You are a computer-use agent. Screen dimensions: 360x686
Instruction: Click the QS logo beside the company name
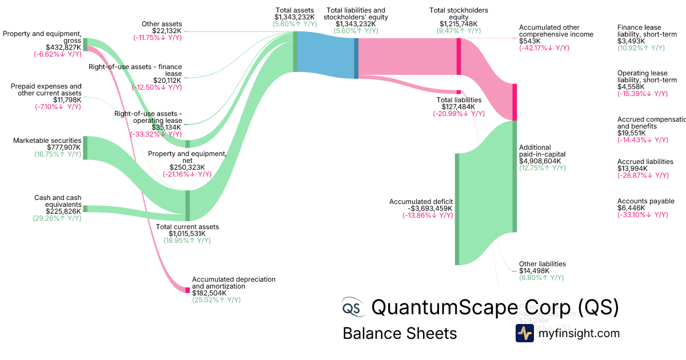point(352,307)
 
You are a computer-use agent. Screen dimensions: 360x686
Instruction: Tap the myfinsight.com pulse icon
point(525,333)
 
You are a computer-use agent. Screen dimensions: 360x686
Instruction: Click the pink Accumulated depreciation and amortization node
point(187,290)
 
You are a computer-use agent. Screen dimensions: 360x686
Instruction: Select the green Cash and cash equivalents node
point(85,209)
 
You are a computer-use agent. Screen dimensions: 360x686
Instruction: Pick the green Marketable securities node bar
point(86,147)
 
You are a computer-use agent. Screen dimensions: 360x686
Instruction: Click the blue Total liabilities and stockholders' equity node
point(356,57)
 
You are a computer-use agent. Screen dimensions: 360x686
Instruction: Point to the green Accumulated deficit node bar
point(457,209)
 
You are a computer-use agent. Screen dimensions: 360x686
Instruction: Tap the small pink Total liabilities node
point(458,91)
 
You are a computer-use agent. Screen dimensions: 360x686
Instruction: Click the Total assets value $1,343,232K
point(296,17)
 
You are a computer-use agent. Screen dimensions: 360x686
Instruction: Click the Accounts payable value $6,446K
point(631,208)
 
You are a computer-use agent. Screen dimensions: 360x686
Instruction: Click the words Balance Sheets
point(400,333)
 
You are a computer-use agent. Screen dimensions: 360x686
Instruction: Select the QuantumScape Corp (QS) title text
point(494,307)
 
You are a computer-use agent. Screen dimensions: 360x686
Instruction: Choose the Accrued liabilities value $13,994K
point(632,169)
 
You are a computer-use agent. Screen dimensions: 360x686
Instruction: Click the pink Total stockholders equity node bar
point(458,56)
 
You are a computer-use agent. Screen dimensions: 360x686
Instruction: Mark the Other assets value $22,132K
point(166,31)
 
